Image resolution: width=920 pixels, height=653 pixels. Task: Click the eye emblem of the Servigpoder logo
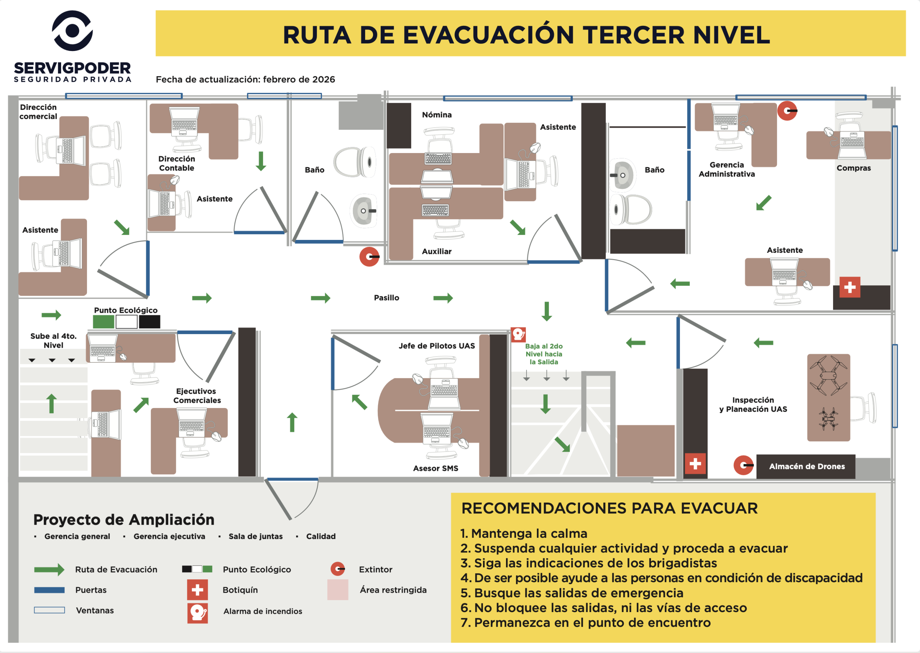pos(72,31)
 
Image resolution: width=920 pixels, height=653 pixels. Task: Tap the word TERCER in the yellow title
pos(633,35)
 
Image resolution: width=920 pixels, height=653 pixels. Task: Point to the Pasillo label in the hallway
pos(387,297)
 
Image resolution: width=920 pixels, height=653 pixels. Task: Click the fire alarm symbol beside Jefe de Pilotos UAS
pos(518,334)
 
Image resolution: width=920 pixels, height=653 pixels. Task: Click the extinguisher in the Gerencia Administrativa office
pos(787,111)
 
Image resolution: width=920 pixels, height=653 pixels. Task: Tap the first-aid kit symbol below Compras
pos(850,287)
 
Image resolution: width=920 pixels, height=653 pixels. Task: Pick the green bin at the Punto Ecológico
pos(103,322)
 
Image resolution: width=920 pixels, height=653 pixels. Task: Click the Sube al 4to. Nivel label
pos(54,341)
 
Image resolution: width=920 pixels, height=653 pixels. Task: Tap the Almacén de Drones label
pos(807,467)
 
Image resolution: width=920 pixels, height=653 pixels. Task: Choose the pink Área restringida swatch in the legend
pos(337,589)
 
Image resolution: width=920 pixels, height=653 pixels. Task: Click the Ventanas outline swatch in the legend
pos(50,610)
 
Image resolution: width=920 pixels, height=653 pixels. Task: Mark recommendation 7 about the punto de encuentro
pos(586,622)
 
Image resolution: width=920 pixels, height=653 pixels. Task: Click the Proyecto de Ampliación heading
pos(124,519)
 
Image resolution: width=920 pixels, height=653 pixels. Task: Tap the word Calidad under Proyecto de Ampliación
pos(321,536)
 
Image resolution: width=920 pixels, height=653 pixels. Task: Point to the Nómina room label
pos(437,115)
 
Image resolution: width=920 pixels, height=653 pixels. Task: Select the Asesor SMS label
pos(436,468)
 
